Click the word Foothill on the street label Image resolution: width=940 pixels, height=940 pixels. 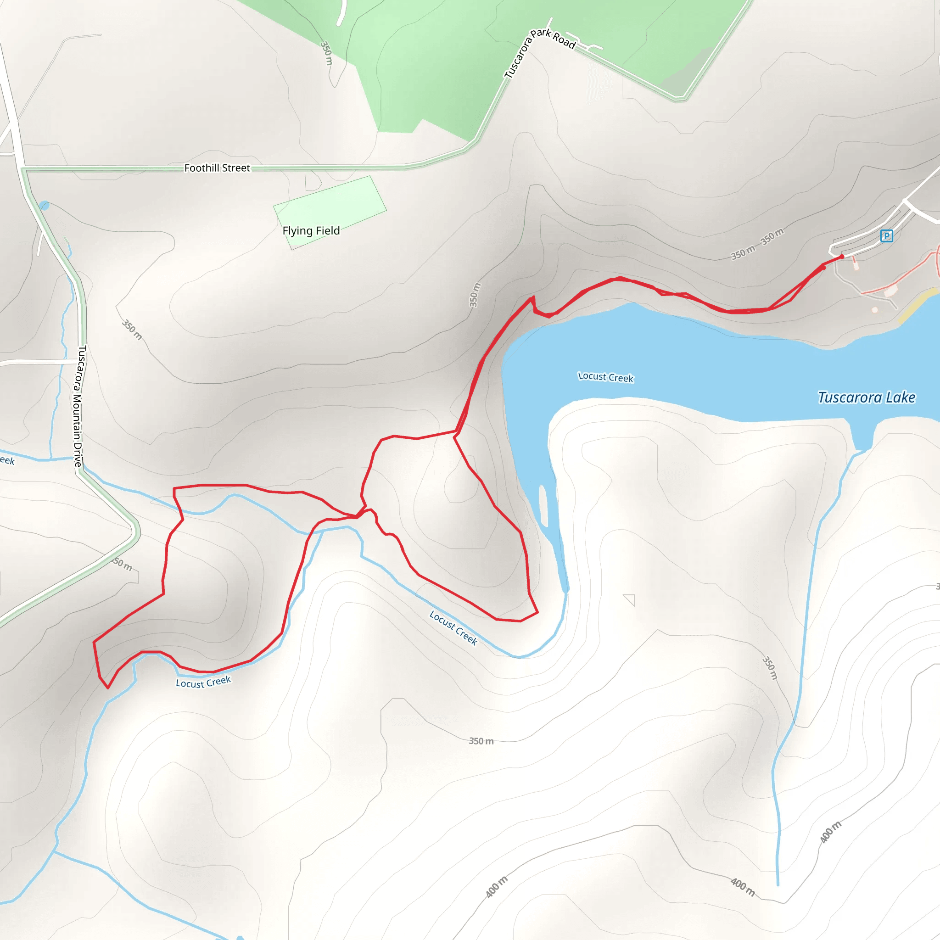click(x=201, y=168)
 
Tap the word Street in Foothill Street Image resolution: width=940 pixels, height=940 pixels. click(x=236, y=168)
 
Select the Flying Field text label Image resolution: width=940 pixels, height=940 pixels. click(x=311, y=230)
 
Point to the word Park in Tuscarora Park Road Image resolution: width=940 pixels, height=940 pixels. click(x=541, y=34)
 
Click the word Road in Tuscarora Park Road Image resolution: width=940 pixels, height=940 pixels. click(x=564, y=41)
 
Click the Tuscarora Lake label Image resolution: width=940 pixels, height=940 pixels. click(x=866, y=397)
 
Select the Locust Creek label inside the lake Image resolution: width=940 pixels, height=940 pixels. click(x=605, y=377)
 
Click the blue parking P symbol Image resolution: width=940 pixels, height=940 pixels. click(x=886, y=236)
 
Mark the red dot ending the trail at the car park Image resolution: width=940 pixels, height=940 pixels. click(x=842, y=257)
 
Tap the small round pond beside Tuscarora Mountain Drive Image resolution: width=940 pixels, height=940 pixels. click(x=44, y=205)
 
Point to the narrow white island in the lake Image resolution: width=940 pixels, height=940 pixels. click(x=543, y=506)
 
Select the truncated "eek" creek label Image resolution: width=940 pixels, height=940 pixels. click(x=7, y=460)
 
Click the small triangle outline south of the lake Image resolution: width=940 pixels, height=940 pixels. click(x=630, y=599)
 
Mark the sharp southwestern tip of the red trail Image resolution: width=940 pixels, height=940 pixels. click(x=107, y=688)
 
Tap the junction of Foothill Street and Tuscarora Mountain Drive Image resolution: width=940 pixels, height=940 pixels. click(x=23, y=169)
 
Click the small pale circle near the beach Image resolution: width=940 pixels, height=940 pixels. click(x=875, y=309)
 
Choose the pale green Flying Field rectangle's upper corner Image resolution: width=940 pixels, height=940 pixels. click(x=370, y=177)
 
